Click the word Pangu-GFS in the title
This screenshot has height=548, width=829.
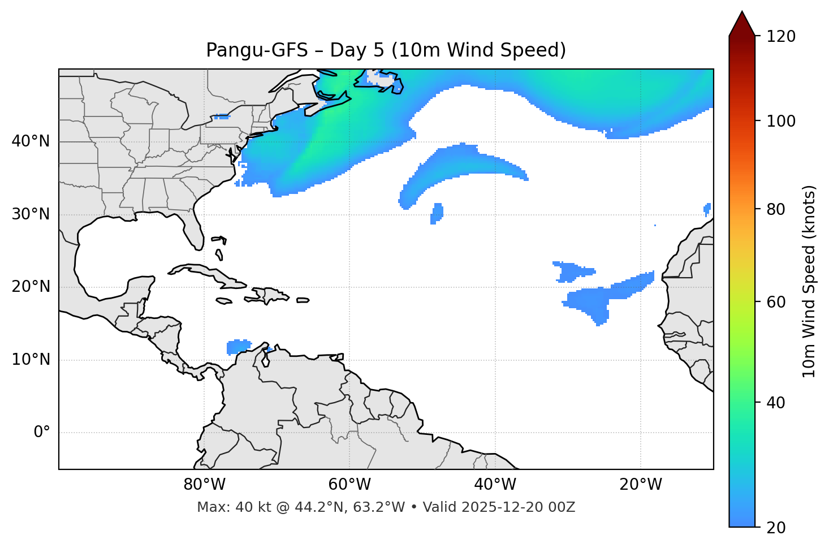[x=257, y=50]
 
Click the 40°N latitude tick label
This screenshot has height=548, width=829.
[x=31, y=141]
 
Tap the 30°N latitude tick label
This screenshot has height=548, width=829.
[x=31, y=214]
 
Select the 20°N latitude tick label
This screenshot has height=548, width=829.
[x=31, y=287]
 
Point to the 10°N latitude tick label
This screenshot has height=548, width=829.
[x=31, y=360]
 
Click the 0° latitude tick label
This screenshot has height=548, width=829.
[x=42, y=433]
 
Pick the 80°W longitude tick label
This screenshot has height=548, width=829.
[x=204, y=485]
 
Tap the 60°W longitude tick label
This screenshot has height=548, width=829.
[x=349, y=485]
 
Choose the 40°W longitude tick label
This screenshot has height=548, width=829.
[x=495, y=485]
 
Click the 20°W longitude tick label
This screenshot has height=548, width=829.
[x=640, y=485]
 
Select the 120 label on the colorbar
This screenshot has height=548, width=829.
[x=781, y=37]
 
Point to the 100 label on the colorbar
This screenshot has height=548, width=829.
[x=781, y=121]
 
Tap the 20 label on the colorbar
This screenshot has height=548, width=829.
[x=777, y=528]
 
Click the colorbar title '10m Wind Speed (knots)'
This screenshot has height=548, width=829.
[x=810, y=281]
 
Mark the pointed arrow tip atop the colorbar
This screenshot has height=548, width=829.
[x=742, y=12]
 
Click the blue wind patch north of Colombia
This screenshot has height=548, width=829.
[x=238, y=346]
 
